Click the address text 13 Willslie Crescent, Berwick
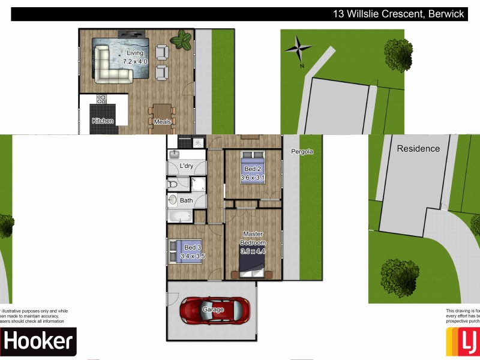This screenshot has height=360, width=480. pos(398,14)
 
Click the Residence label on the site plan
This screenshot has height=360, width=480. pos(418,148)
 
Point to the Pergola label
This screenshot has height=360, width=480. pos(302,152)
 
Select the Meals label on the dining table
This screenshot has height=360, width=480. pos(162,122)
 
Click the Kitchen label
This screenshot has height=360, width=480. pos(103,121)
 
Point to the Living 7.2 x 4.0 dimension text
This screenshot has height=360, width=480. pos(134,57)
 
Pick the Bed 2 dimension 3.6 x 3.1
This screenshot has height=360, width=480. pos(253,178)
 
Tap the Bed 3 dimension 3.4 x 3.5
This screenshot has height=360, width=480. pos(193,256)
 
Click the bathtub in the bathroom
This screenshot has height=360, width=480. pos(179,216)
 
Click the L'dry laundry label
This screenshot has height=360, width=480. pos(186,166)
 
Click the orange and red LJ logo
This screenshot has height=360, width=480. pos(462,342)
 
